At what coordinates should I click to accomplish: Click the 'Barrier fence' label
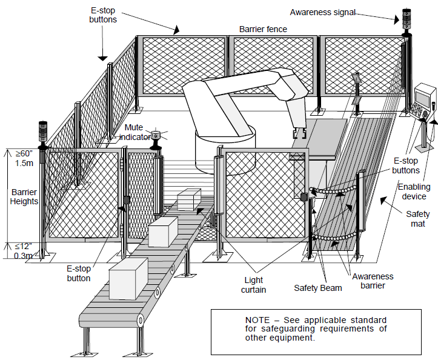click(263, 28)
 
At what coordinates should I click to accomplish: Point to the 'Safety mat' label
click(417, 219)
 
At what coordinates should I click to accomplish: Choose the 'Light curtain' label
click(254, 285)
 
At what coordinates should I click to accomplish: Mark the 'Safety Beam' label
click(317, 288)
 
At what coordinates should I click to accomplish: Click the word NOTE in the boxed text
click(258, 320)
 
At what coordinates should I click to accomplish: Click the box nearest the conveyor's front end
click(128, 278)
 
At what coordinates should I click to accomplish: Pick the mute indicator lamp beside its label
click(157, 136)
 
